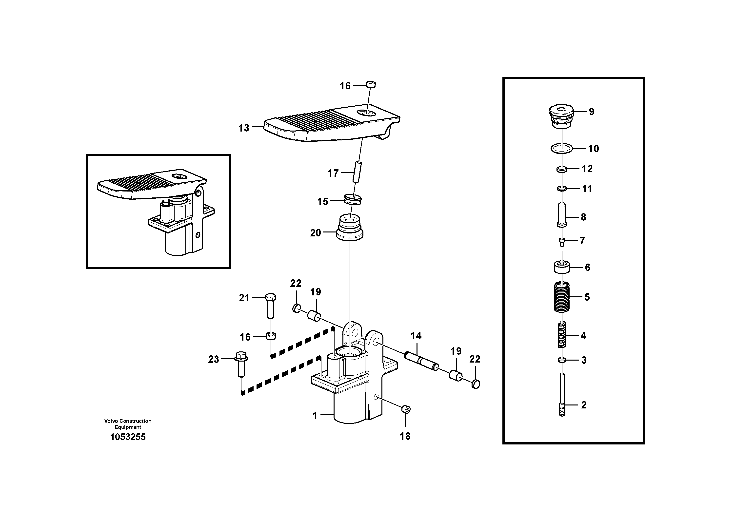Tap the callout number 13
click(x=244, y=128)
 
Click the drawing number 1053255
click(x=128, y=437)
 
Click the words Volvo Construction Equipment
click(x=128, y=424)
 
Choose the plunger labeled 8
click(x=562, y=214)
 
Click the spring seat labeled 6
click(x=562, y=267)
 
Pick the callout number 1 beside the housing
click(x=315, y=416)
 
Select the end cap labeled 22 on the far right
click(x=476, y=384)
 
